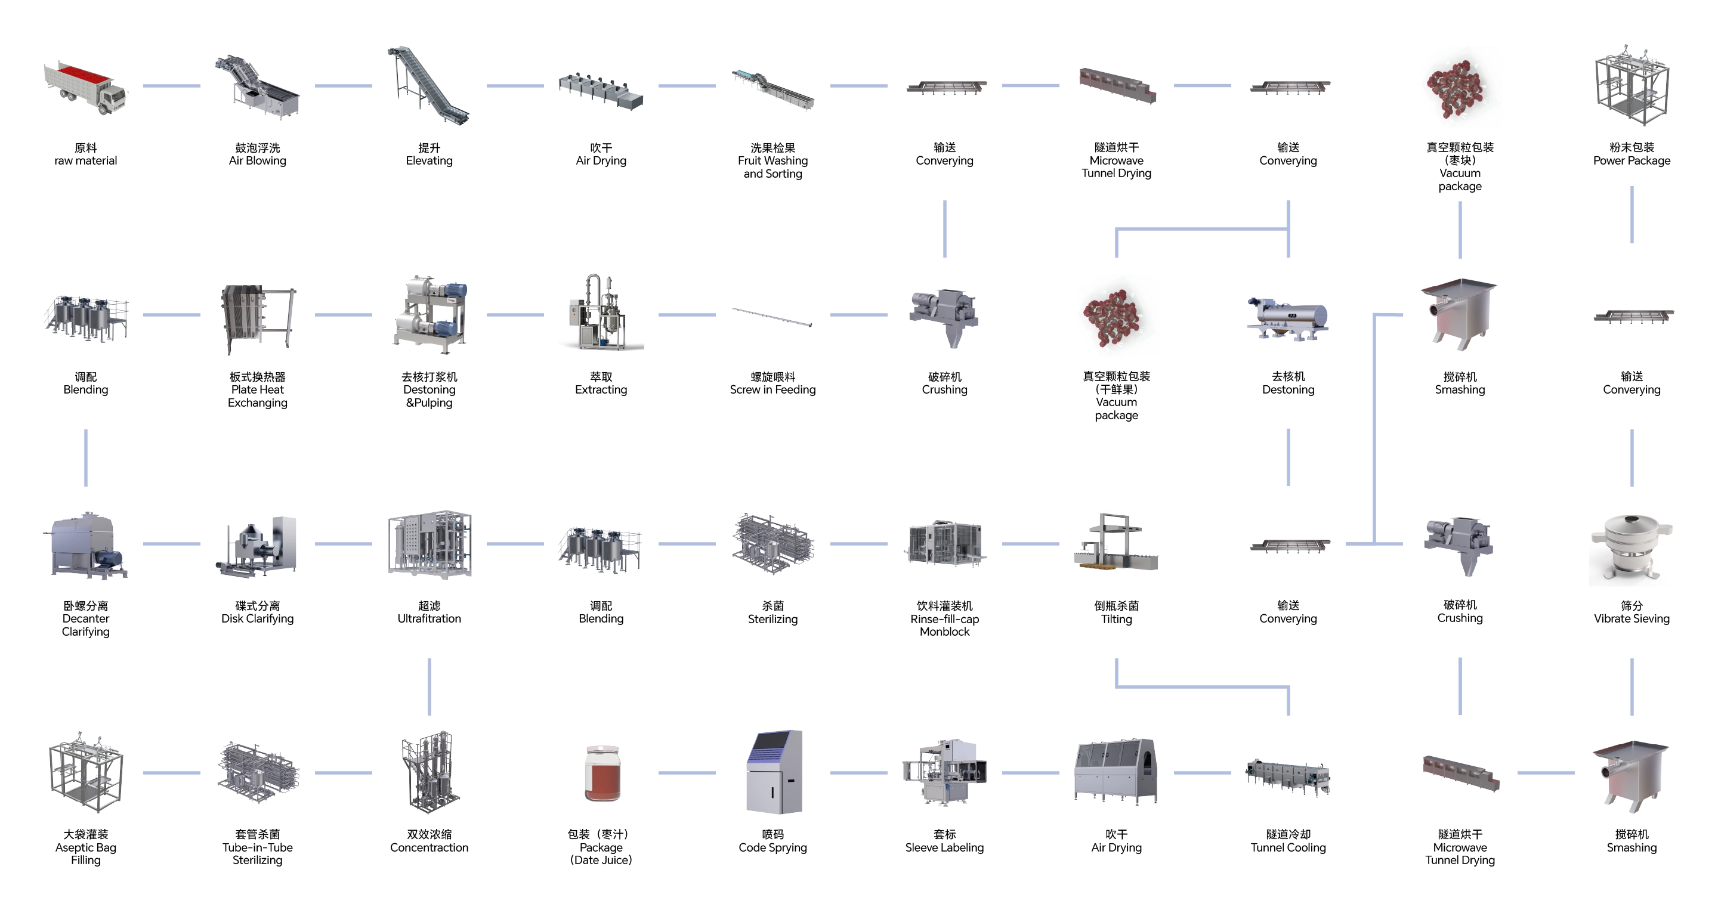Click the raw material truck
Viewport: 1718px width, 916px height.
pyautogui.click(x=85, y=86)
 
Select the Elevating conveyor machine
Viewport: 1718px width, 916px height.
pyautogui.click(x=429, y=85)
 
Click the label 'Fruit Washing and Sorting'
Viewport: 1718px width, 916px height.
pyautogui.click(x=773, y=160)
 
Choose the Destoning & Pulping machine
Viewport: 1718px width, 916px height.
pyautogui.click(x=429, y=315)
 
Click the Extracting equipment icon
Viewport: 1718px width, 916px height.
pyautogui.click(x=600, y=313)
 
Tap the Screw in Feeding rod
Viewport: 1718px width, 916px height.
pyautogui.click(x=773, y=316)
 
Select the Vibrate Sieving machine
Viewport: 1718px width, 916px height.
pyautogui.click(x=1632, y=547)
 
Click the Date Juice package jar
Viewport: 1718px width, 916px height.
pyautogui.click(x=601, y=773)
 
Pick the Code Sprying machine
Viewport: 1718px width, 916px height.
pyautogui.click(x=774, y=772)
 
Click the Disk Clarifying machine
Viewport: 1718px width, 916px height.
pyautogui.click(x=258, y=545)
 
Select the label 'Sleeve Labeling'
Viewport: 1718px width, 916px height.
pyautogui.click(x=944, y=841)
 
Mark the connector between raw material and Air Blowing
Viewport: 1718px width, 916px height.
pyautogui.click(x=171, y=86)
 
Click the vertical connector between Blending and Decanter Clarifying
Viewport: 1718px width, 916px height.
pyautogui.click(x=86, y=457)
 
